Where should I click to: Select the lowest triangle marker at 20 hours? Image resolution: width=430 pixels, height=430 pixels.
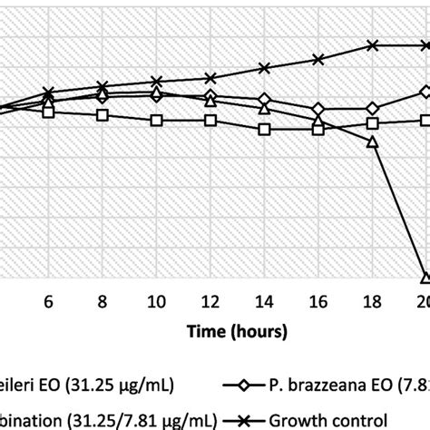click(x=425, y=278)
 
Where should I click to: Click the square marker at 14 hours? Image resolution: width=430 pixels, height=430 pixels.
click(x=264, y=130)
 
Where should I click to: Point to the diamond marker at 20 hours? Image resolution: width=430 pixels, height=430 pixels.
click(x=425, y=92)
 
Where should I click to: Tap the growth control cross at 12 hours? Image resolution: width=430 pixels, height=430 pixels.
click(x=210, y=78)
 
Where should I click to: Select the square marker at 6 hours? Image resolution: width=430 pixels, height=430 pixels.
click(x=49, y=112)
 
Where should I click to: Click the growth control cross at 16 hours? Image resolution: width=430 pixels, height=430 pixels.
click(x=318, y=59)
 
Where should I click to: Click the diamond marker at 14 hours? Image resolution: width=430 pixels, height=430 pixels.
click(x=264, y=100)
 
